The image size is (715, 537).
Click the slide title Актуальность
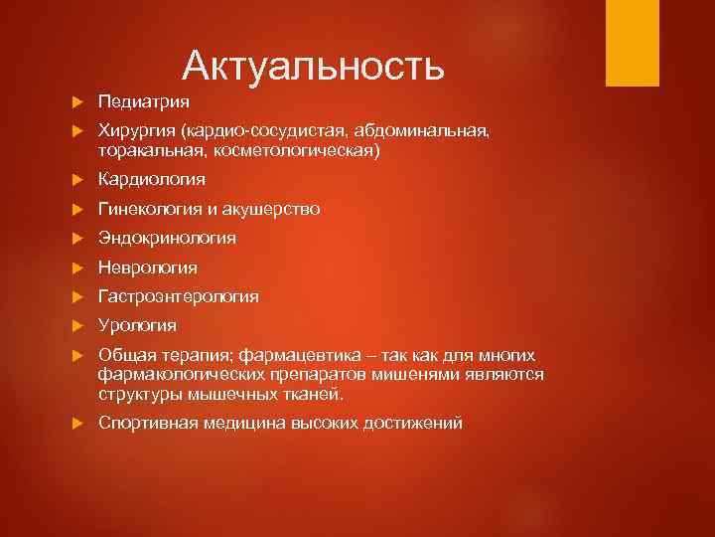[313, 67]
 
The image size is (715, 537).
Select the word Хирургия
[136, 131]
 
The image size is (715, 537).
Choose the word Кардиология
[151, 179]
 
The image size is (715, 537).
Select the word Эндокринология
[167, 238]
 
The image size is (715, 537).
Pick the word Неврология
[147, 268]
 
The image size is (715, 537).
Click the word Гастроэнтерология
[179, 296]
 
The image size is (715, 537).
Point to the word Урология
[137, 325]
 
